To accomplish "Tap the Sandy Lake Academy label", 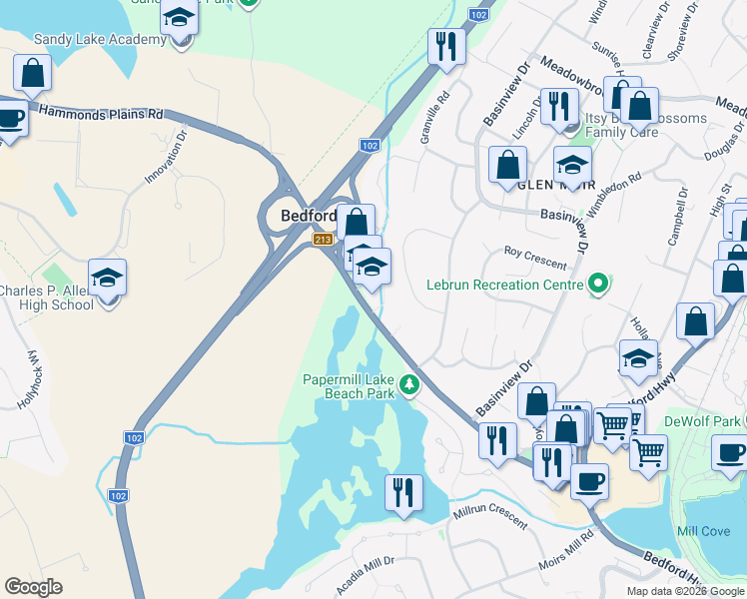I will coord(99,39).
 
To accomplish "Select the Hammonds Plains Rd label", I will coord(100,114).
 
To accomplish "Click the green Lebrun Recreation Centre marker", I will coord(598,285).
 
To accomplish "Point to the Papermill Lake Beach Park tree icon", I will coord(408,384).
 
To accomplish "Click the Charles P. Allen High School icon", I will coord(108,279).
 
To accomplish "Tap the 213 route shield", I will coord(322,240).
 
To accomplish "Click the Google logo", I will coord(33,587).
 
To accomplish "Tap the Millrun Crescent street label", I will coord(489,514).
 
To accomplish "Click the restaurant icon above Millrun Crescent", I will coord(403,492).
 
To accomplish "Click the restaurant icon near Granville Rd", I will coord(444,45).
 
